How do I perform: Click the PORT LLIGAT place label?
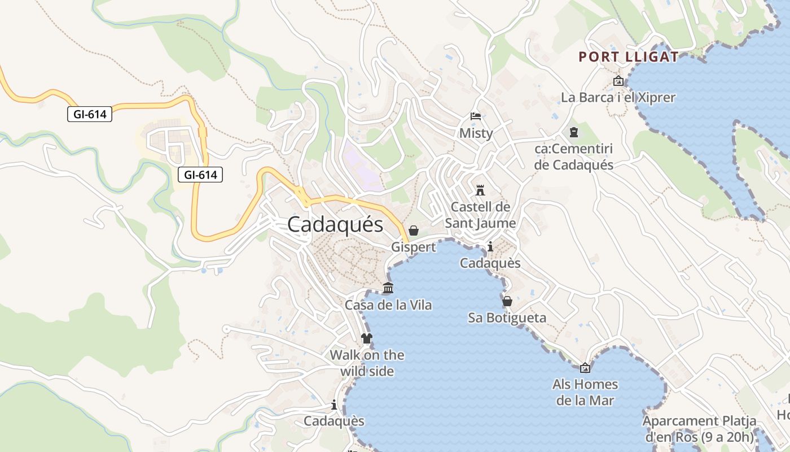click(x=629, y=57)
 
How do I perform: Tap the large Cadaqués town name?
click(x=335, y=224)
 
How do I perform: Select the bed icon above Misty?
click(x=476, y=116)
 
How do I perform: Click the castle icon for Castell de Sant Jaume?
click(x=480, y=189)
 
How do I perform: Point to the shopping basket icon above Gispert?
click(x=414, y=231)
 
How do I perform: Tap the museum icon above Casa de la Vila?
click(x=388, y=288)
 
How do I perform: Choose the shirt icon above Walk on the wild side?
click(x=367, y=338)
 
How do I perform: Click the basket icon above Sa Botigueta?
click(x=507, y=301)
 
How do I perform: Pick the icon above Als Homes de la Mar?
click(x=585, y=368)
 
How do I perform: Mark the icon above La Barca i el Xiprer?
click(x=618, y=81)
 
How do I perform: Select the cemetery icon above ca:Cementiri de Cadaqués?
click(x=574, y=132)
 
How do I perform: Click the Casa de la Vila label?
click(x=388, y=305)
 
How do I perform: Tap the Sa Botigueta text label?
click(x=507, y=318)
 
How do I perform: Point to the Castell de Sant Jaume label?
click(x=480, y=215)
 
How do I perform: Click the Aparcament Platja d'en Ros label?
click(x=700, y=429)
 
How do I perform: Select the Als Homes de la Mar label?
click(x=585, y=393)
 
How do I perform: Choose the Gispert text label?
click(x=414, y=247)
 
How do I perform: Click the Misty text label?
click(x=476, y=133)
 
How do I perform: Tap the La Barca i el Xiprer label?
click(x=618, y=98)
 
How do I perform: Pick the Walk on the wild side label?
click(x=367, y=363)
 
